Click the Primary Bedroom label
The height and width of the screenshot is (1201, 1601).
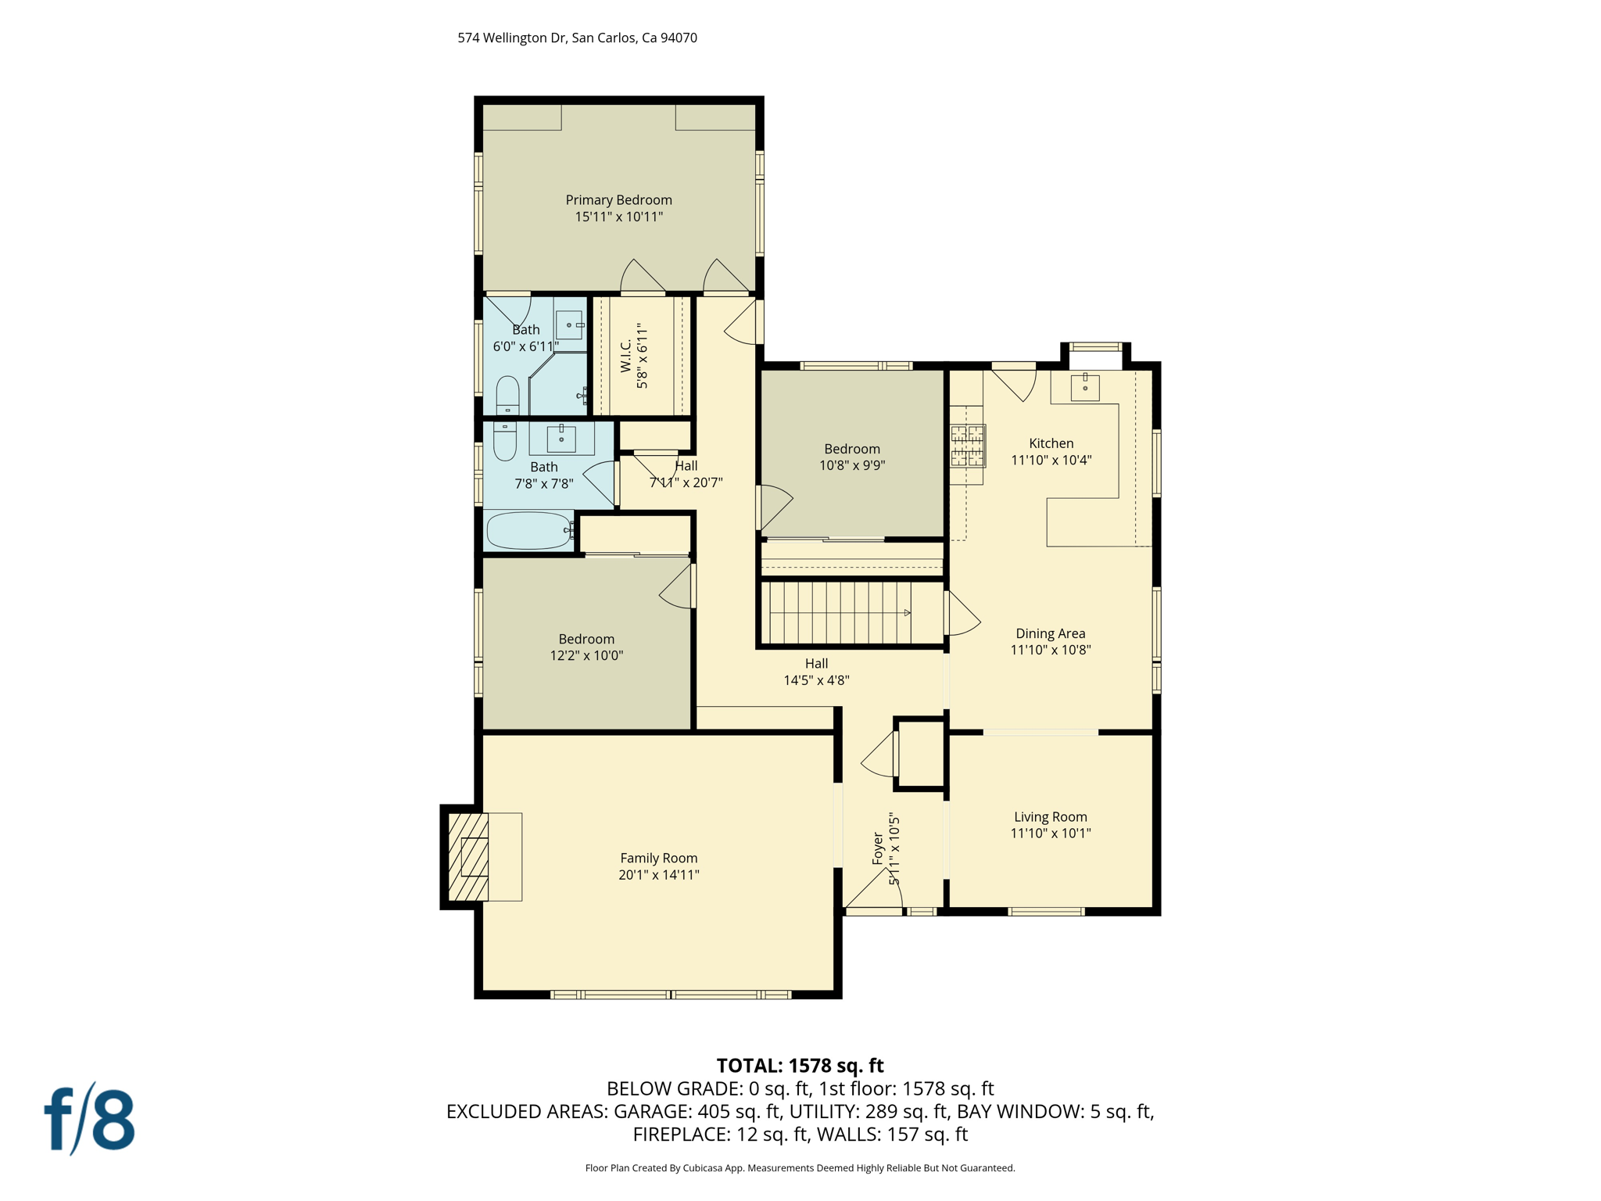tap(618, 200)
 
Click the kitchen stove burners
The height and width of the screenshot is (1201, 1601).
tap(967, 446)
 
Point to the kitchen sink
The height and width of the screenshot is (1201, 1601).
tap(1084, 387)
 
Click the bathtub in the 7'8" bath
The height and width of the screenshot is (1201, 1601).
tap(528, 531)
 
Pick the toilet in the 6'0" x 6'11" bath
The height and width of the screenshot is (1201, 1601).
tap(507, 396)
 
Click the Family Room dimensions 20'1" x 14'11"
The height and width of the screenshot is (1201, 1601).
tap(658, 875)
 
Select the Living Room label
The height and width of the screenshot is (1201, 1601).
tap(1050, 816)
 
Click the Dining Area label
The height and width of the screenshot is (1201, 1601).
tap(1050, 633)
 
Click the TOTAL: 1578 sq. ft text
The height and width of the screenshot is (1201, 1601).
tap(800, 1066)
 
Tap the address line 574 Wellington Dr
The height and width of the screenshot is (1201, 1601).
tap(577, 38)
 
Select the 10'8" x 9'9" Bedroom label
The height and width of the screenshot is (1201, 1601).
tap(851, 449)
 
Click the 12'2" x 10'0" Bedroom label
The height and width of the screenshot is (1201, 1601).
tap(586, 639)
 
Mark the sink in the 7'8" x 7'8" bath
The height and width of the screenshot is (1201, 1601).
tap(561, 439)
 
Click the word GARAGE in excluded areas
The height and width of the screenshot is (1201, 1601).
tap(650, 1111)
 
